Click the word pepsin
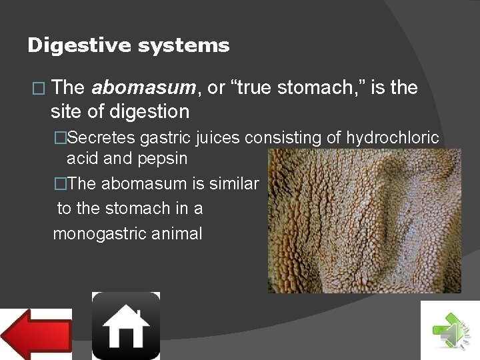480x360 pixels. click(163, 159)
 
